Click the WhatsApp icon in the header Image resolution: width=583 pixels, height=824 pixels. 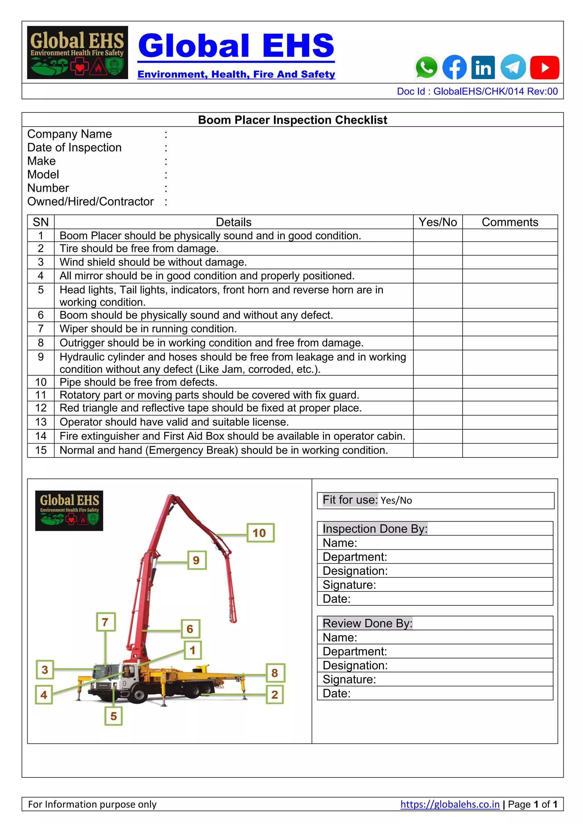426,67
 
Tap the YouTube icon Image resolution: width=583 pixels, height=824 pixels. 544,67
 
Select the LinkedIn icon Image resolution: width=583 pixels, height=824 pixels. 483,67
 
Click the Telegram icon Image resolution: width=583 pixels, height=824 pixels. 513,67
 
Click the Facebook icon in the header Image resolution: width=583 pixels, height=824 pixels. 455,67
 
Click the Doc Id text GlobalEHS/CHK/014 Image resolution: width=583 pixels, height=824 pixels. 477,92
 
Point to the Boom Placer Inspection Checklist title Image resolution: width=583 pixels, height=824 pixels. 292,120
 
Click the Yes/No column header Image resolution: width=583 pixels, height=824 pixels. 438,222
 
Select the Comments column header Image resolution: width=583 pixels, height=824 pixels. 510,222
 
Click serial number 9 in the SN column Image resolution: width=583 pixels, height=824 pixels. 41,357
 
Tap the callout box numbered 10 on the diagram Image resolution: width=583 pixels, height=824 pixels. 260,533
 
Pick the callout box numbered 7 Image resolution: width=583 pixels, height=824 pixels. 106,622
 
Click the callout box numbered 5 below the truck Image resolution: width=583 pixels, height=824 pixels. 114,716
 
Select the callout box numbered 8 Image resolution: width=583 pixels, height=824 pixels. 275,673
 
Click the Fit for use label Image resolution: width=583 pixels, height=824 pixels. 350,500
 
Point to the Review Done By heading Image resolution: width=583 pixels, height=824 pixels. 367,623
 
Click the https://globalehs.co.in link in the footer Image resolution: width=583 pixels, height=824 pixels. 449,804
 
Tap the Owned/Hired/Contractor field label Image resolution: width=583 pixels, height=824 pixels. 91,202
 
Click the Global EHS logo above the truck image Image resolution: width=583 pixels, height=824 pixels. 69,510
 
